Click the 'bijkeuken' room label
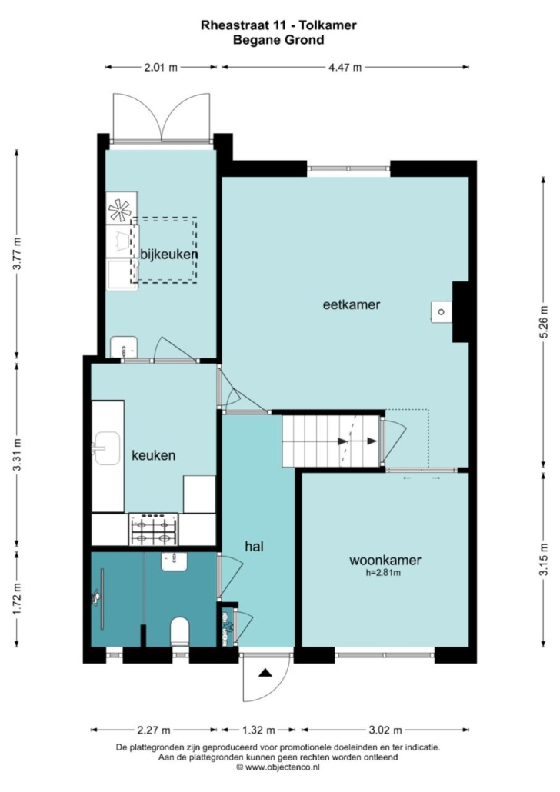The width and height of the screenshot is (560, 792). click(168, 254)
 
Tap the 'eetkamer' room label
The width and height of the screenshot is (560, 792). click(352, 304)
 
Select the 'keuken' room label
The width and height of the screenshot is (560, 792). click(154, 455)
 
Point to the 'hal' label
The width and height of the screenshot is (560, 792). click(254, 546)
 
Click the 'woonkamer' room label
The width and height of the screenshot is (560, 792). click(385, 560)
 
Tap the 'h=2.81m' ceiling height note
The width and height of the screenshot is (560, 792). click(383, 573)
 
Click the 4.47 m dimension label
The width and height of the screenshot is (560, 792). click(345, 67)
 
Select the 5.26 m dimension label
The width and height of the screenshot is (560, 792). click(544, 322)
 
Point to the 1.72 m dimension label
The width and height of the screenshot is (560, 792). click(17, 599)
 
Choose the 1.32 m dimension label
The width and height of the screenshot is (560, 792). click(258, 730)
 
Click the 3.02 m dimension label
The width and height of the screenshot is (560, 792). click(385, 730)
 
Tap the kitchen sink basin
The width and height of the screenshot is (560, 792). click(107, 448)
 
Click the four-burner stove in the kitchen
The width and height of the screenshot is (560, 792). click(153, 529)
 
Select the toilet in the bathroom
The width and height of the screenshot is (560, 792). click(179, 631)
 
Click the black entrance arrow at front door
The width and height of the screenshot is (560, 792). click(265, 673)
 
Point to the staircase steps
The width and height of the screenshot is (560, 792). click(331, 441)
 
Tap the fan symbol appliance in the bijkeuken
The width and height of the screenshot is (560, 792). click(120, 210)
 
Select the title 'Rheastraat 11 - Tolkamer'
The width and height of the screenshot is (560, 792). click(278, 25)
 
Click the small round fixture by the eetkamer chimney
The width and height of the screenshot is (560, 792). click(442, 311)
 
